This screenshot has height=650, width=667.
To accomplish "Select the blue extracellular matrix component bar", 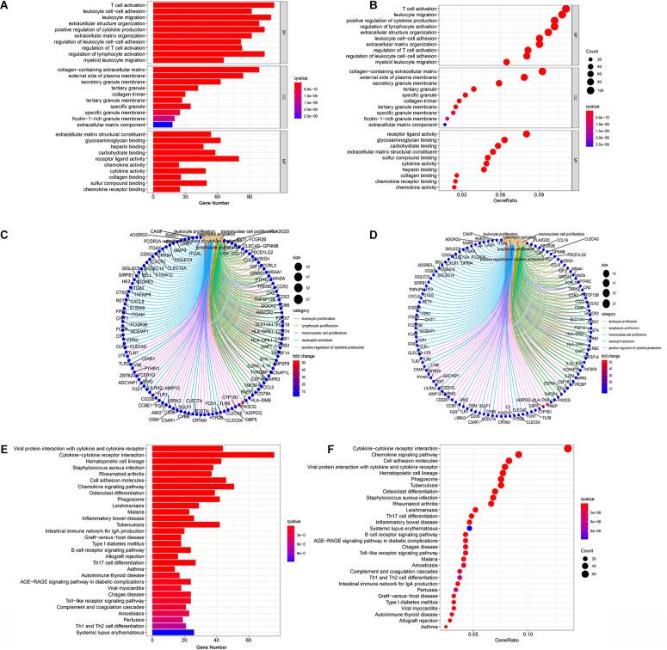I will tap(163, 125).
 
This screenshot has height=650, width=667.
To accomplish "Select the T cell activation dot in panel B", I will tap(565, 9).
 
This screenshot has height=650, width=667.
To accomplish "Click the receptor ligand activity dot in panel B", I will tap(527, 133).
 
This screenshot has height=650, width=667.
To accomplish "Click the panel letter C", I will tap(6, 235).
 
